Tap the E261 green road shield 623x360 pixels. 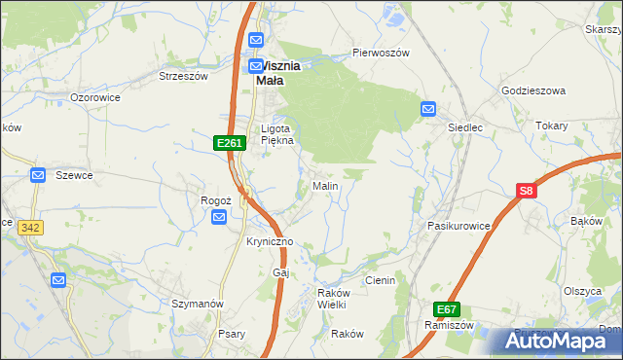[x=229, y=143]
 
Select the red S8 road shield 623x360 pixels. [x=527, y=192]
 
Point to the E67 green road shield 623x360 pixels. [x=447, y=309]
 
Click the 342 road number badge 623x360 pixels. [x=30, y=227]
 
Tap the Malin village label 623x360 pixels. [x=324, y=185]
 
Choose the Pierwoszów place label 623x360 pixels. [x=381, y=53]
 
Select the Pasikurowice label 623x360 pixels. [x=458, y=225]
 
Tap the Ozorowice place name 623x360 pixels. [x=94, y=97]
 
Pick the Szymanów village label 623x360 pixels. [x=197, y=304]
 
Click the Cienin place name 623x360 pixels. [x=379, y=280]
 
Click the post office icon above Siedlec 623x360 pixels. [x=427, y=109]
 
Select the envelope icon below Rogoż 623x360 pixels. [x=219, y=218]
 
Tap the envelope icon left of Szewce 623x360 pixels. [x=38, y=175]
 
